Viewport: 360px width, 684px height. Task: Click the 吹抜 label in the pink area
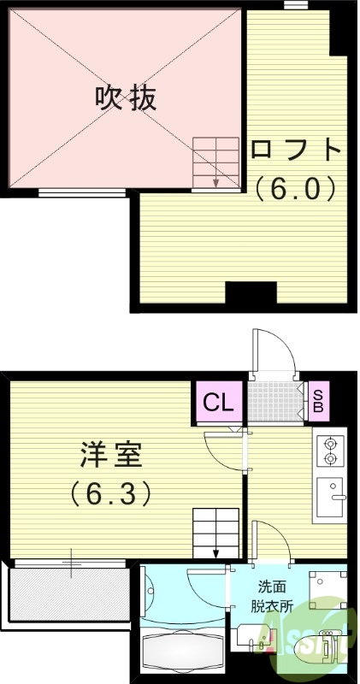[126, 97]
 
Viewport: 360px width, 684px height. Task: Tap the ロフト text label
[296, 151]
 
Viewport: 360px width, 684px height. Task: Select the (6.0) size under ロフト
[296, 187]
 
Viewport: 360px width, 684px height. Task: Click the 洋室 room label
[112, 454]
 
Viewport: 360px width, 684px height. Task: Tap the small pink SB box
[317, 400]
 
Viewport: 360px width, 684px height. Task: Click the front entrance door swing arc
[274, 351]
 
